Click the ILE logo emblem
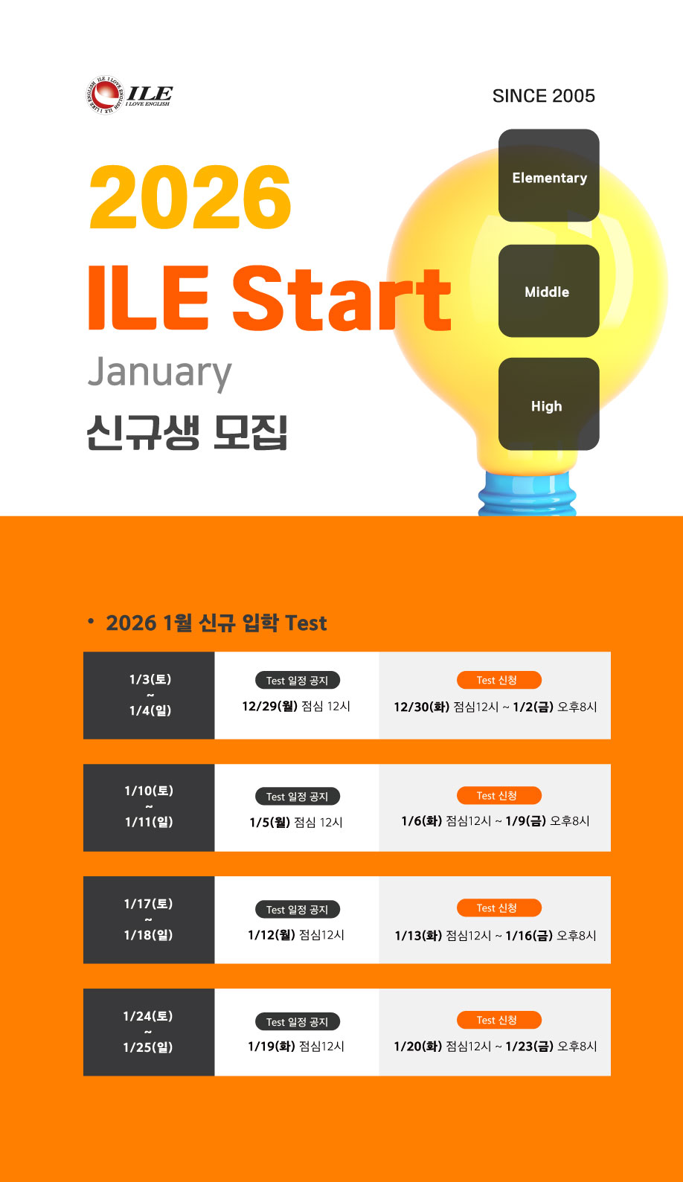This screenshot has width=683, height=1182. click(x=104, y=95)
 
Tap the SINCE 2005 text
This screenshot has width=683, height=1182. click(x=544, y=96)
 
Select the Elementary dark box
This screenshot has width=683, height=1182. click(x=549, y=176)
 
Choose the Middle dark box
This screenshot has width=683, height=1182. click(x=549, y=291)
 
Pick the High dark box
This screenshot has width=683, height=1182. click(x=549, y=404)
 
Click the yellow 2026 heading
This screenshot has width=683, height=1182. click(x=190, y=197)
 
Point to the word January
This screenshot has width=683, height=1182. click(x=159, y=373)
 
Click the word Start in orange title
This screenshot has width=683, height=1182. click(x=342, y=298)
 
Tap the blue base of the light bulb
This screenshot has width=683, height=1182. click(x=528, y=494)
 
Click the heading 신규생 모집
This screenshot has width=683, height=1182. click(x=187, y=433)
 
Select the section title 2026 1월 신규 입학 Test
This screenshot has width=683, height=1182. click(x=217, y=623)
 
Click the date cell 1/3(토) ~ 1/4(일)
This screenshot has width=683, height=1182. click(x=149, y=696)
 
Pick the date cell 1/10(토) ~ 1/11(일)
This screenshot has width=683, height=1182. click(x=149, y=808)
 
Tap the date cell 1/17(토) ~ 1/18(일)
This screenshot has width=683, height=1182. click(x=149, y=920)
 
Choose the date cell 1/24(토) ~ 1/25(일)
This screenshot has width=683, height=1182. click(x=149, y=1032)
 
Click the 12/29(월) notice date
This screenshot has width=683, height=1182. click(x=270, y=706)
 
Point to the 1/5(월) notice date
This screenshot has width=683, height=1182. click(x=270, y=822)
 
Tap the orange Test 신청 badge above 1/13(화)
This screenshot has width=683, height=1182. click(x=498, y=908)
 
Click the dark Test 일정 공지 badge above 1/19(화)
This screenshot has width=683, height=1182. click(x=297, y=1021)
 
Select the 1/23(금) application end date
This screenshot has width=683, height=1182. click(x=530, y=1047)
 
